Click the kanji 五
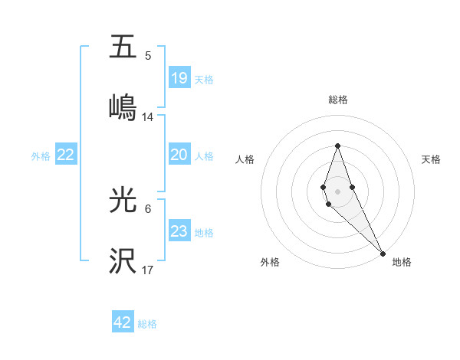123,47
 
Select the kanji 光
123,200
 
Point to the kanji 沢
123,261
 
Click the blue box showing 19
179,78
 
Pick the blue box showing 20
179,155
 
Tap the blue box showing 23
179,231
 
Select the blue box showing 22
66,155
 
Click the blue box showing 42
123,322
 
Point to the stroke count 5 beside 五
148,56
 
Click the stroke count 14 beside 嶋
148,117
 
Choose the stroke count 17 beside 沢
148,270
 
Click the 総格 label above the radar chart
337,100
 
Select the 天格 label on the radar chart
431,159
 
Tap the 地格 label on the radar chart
402,263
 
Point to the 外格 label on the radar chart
270,263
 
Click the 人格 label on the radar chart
245,159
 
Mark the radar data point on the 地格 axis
383,253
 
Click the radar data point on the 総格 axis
337,146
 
